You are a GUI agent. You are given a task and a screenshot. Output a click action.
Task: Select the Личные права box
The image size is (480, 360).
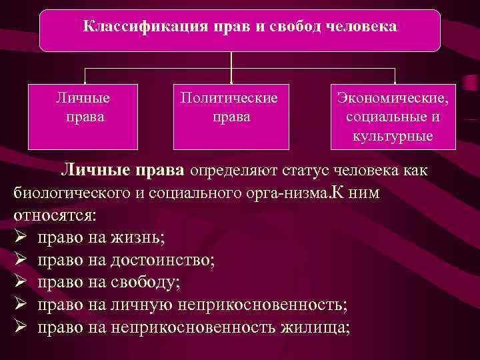click(83, 116)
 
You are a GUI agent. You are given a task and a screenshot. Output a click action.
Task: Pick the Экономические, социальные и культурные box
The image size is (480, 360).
click(393, 116)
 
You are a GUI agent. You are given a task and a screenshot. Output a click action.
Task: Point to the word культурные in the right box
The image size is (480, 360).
click(393, 136)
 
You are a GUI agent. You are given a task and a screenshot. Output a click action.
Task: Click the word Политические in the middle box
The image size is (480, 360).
click(229, 98)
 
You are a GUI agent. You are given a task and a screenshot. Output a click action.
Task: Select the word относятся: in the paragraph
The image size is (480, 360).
click(55, 216)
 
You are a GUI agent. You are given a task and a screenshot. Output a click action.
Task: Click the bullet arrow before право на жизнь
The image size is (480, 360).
click(19, 238)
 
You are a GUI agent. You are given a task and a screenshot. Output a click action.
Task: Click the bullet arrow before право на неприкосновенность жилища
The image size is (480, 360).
click(19, 327)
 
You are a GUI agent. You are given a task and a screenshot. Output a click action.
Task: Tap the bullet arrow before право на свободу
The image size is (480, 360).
click(19, 283)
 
